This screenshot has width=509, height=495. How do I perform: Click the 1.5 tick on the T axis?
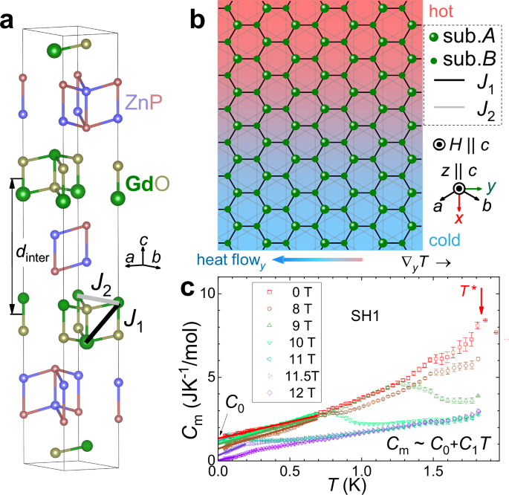click(433, 472)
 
